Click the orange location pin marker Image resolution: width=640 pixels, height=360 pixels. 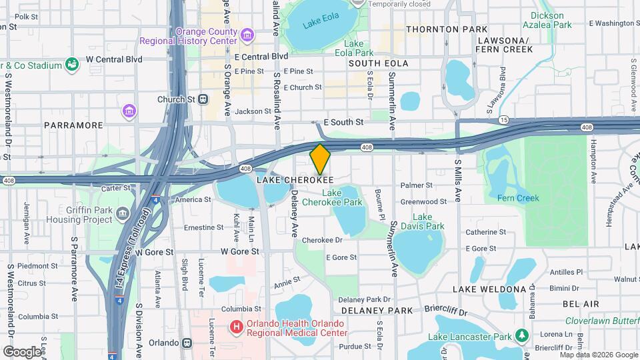pos(320,159)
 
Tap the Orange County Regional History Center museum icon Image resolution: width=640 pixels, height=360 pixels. pos(247,33)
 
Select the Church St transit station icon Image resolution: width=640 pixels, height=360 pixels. pos(203,99)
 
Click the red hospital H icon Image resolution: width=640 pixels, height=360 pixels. pos(235,327)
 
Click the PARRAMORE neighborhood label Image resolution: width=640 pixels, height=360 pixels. pos(73,125)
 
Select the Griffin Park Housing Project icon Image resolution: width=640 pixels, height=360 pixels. pos(123,213)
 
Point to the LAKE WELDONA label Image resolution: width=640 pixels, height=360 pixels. pos(489,289)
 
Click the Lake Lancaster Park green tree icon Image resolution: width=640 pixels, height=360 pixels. pos(524,333)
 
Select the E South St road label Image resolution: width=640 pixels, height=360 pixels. pos(343,123)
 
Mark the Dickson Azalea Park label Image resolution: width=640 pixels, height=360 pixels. pos(551,20)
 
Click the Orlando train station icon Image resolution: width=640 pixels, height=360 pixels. pos(187,343)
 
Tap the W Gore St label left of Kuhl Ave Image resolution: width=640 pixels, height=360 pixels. pos(155,253)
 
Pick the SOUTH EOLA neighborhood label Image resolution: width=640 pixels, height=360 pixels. pos(378,63)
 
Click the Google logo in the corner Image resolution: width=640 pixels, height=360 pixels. pos(22,351)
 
